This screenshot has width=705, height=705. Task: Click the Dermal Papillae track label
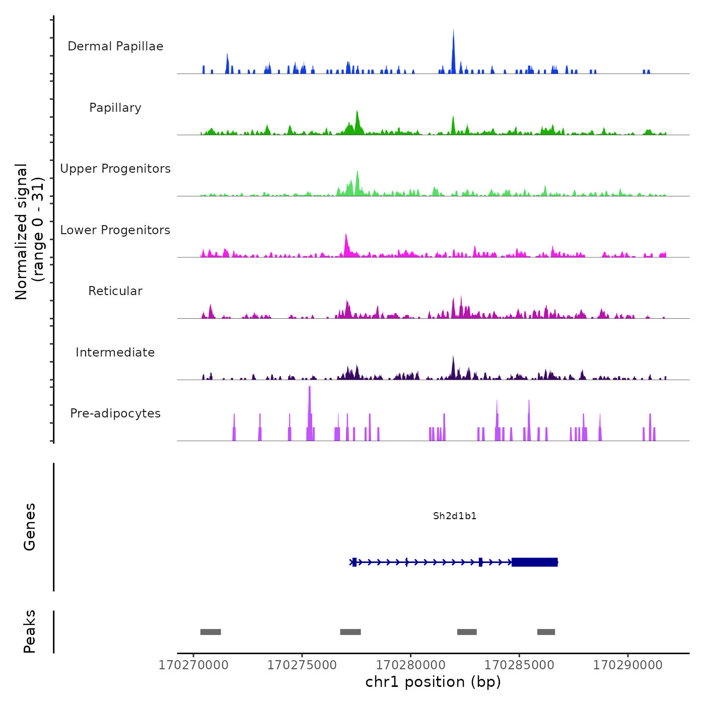click(x=115, y=46)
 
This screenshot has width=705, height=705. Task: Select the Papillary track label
click(x=115, y=108)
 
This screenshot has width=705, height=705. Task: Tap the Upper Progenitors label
click(x=115, y=169)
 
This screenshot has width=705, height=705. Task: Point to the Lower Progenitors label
click(x=115, y=230)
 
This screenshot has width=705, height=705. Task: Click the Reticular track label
click(x=115, y=291)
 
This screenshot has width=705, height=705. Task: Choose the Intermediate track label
click(x=115, y=352)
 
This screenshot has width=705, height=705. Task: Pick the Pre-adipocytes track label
click(x=115, y=413)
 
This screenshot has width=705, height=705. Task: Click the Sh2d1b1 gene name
click(x=455, y=516)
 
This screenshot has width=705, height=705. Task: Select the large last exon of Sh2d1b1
click(x=534, y=562)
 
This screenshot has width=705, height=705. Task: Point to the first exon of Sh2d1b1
click(x=355, y=562)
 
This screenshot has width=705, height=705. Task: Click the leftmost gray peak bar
click(x=210, y=632)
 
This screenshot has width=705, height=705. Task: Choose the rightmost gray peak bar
click(x=546, y=632)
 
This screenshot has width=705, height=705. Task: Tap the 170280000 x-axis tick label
click(x=410, y=665)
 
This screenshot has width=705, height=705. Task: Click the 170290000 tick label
click(x=627, y=665)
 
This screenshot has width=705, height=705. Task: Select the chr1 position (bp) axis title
click(x=433, y=682)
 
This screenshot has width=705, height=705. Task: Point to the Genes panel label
click(x=30, y=527)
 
